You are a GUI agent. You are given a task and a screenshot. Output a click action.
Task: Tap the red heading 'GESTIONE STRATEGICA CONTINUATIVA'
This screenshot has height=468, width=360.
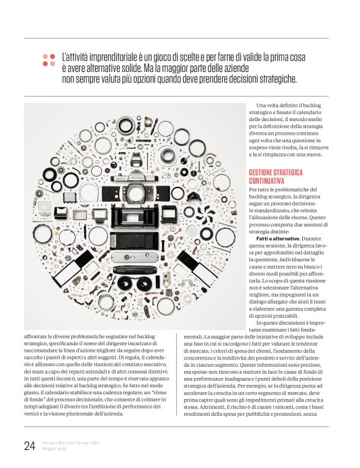point(276,176)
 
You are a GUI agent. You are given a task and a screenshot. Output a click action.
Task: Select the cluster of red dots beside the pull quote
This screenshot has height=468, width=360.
point(48,60)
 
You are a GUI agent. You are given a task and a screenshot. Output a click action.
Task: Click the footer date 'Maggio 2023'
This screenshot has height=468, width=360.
point(54,449)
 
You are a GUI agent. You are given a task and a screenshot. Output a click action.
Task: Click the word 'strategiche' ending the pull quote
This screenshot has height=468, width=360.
point(275,79)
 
